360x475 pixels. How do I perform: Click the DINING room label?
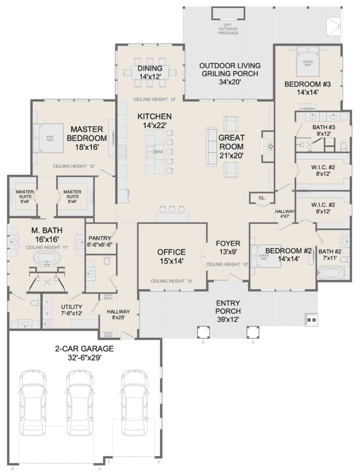150,68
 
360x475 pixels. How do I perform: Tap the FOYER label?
228,243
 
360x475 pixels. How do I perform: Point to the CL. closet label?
262,198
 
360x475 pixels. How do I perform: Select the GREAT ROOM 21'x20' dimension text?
232,155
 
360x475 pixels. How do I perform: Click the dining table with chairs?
150,72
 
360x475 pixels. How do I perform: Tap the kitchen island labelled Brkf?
155,151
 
